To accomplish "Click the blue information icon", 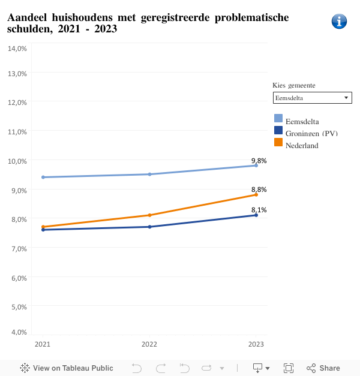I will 339,22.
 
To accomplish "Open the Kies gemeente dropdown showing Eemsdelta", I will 312,98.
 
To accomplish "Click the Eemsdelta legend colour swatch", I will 278,118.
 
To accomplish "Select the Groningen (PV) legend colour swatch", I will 278,130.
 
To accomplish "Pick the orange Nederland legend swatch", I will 278,142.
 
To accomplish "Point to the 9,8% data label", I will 259,160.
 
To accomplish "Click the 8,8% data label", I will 259,189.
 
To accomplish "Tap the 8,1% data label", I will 259,210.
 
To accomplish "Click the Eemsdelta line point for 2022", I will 149,174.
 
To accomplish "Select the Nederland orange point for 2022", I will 149,215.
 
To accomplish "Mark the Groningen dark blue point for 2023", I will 256,215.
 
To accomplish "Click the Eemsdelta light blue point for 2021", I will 43,177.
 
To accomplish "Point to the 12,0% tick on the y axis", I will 17,102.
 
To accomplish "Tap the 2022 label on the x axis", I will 149,344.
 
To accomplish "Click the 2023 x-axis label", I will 256,344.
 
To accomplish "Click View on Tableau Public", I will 67,368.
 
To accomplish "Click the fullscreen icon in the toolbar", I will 288,368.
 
